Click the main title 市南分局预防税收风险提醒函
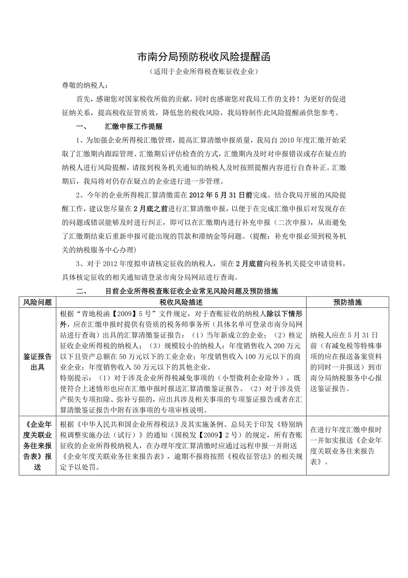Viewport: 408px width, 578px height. pyautogui.click(x=204, y=57)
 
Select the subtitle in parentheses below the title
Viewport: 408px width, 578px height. pyautogui.click(x=204, y=71)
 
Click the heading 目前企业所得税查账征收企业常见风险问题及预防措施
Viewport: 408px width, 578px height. pyautogui.click(x=192, y=292)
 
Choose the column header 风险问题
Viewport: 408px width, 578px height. pyautogui.click(x=38, y=302)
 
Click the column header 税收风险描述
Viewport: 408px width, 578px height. pyautogui.click(x=181, y=302)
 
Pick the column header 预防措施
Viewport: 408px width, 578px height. pyautogui.click(x=348, y=302)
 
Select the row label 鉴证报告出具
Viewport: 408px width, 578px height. pyautogui.click(x=38, y=362)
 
